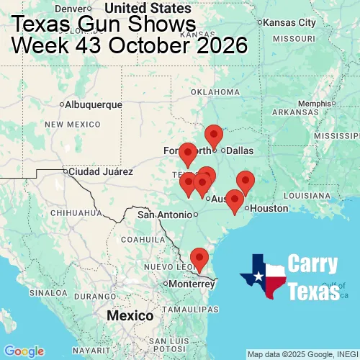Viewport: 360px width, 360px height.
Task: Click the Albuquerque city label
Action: point(94,104)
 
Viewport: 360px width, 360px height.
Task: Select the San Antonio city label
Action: point(166,215)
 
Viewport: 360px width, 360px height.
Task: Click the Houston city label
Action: point(269,208)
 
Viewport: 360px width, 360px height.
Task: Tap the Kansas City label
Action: point(288,22)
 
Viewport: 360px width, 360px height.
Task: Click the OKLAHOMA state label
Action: point(215,91)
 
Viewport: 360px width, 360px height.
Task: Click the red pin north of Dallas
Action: point(214,135)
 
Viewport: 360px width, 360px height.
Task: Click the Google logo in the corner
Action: point(24,351)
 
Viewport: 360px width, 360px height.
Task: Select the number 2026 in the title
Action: point(215,45)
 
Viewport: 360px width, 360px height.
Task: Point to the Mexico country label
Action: point(130,315)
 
